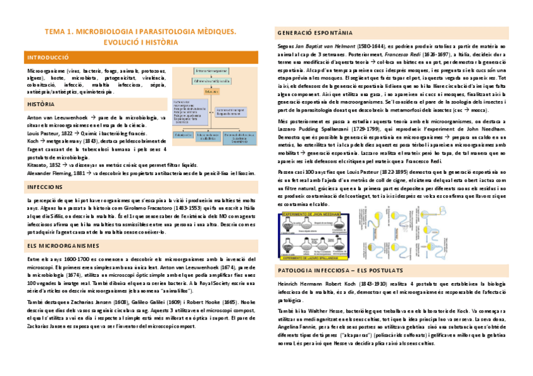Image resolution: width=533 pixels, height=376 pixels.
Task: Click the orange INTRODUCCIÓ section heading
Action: [x=48, y=58]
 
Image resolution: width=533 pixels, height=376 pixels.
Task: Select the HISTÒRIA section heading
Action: [x=41, y=104]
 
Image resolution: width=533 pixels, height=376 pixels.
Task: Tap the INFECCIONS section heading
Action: [x=45, y=187]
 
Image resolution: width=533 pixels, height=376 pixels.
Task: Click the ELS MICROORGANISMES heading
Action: [x=63, y=245]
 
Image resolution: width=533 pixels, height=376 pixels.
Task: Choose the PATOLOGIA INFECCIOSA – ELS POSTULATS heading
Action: [x=340, y=270]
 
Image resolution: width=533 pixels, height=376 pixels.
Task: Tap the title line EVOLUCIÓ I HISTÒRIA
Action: [x=140, y=42]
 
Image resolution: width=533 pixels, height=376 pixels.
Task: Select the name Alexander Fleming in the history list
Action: [x=48, y=173]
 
